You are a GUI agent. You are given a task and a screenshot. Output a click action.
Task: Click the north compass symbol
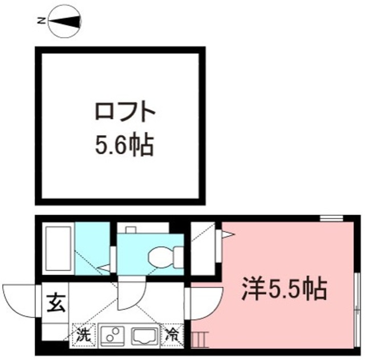pyautogui.click(x=64, y=22)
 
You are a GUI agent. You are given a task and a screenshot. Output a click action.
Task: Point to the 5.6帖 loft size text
pyautogui.click(x=124, y=146)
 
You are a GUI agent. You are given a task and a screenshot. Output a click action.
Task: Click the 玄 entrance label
pyautogui.click(x=55, y=301)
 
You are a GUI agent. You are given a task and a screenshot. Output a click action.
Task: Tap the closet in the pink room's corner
pyautogui.click(x=204, y=251)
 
